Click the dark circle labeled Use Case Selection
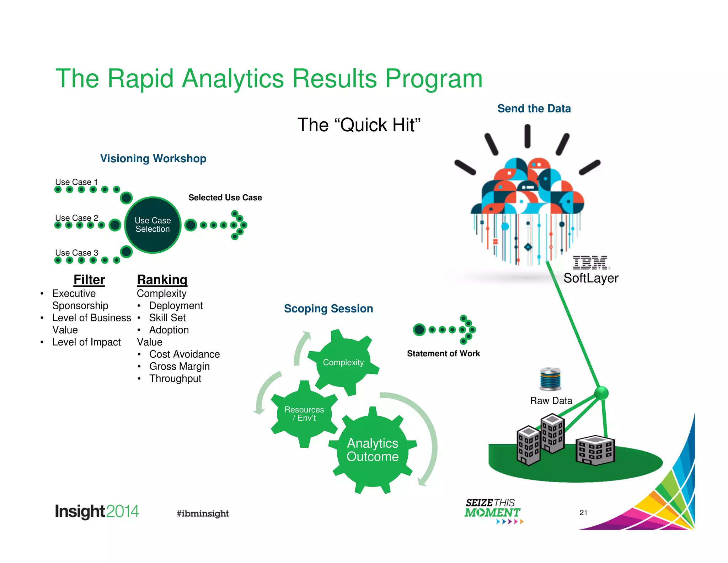pyautogui.click(x=153, y=225)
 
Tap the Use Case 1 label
pyautogui.click(x=76, y=182)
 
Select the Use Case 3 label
pyautogui.click(x=76, y=253)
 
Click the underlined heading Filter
pyautogui.click(x=89, y=280)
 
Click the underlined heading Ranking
pyautogui.click(x=162, y=280)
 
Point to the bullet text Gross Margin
pyautogui.click(x=179, y=366)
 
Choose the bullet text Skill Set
pyautogui.click(x=167, y=317)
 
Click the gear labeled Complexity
pyautogui.click(x=343, y=362)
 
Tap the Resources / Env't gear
pyautogui.click(x=304, y=414)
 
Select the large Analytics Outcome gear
pyautogui.click(x=373, y=450)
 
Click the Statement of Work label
pyautogui.click(x=443, y=353)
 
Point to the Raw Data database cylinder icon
pyautogui.click(x=550, y=379)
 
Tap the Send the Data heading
pyautogui.click(x=534, y=109)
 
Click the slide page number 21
pyautogui.click(x=583, y=512)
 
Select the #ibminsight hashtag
pyautogui.click(x=203, y=513)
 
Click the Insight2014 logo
pyautogui.click(x=97, y=512)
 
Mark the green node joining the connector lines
pyautogui.click(x=601, y=393)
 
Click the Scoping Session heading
pyautogui.click(x=328, y=309)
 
